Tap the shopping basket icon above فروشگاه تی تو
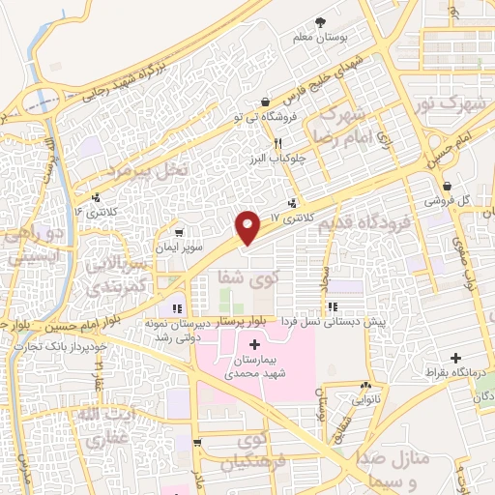[265, 102]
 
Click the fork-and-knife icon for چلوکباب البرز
[278, 142]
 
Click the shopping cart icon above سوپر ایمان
[180, 233]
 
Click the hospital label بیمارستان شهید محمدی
[254, 364]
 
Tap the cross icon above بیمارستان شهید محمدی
[254, 344]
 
